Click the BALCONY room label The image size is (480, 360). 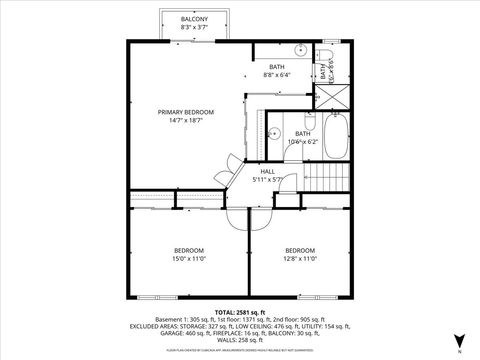tap(194, 19)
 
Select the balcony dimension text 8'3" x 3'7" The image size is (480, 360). tap(194, 28)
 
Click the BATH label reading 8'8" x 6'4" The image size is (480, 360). tap(277, 67)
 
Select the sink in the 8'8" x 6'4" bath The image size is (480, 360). tap(300, 48)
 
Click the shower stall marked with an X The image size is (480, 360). tap(331, 97)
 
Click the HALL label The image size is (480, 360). tap(268, 171)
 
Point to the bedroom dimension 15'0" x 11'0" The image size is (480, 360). tap(190, 258)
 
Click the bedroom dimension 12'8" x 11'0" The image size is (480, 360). tap(300, 258)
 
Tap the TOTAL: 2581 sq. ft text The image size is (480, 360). tap(240, 312)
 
